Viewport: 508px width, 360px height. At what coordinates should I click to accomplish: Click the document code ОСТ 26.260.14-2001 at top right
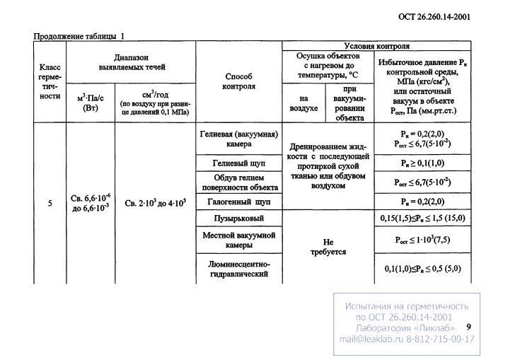click(434, 17)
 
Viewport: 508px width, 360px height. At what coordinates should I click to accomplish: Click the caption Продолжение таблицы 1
click(79, 36)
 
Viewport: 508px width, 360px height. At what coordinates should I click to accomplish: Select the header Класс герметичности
click(50, 81)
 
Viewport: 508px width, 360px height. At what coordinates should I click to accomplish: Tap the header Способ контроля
click(238, 81)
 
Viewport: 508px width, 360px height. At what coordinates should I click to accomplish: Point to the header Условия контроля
click(377, 46)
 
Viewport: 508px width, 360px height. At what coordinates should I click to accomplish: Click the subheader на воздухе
click(304, 103)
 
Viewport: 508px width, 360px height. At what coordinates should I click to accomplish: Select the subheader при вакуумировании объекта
click(350, 103)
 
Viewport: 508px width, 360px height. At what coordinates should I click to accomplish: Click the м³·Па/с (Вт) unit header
click(91, 103)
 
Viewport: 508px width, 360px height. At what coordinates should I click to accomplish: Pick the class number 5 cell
click(50, 203)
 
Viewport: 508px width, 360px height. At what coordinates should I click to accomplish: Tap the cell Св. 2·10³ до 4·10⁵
click(156, 203)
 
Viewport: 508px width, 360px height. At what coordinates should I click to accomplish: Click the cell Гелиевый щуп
click(238, 163)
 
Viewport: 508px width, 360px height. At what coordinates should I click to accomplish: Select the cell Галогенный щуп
click(238, 202)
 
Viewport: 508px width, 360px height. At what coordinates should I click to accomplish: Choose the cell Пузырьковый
click(238, 219)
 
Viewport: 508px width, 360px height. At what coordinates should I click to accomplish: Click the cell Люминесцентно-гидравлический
click(239, 269)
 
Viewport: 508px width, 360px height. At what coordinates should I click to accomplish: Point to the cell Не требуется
click(328, 247)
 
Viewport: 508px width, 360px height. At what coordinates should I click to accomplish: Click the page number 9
click(468, 327)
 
